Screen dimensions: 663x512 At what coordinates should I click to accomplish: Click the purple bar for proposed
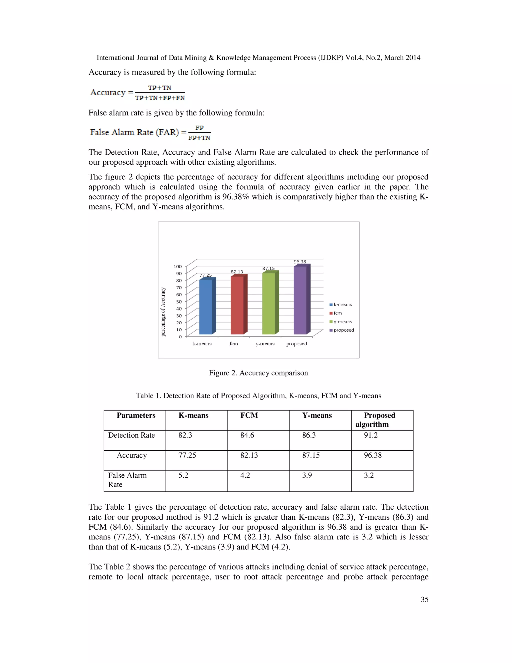pos(300,300)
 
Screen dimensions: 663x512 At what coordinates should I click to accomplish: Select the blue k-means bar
pos(206,307)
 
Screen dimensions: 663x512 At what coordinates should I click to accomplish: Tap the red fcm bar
pos(237,305)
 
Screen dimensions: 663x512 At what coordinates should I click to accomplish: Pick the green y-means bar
pos(269,303)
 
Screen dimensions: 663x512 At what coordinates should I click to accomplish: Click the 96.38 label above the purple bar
pos(300,262)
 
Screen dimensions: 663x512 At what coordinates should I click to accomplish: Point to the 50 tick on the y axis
pos(179,301)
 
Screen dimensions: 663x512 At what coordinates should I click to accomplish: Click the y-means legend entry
pos(341,322)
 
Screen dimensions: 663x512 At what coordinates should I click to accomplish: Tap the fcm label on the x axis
pos(233,344)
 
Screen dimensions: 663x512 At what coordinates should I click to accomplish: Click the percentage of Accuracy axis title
pos(163,312)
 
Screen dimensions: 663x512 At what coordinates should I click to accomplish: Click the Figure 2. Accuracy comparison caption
pos(258,373)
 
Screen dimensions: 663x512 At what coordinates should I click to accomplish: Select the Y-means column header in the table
pos(317,415)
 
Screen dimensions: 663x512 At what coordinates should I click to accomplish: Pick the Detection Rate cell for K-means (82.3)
pos(185,435)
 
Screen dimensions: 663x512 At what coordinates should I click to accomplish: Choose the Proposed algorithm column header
pos(379,420)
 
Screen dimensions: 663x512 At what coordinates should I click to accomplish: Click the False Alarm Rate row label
pos(127,480)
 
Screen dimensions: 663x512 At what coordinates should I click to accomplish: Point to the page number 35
pos(424,599)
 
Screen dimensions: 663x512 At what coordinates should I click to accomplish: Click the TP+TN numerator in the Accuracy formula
pos(159,88)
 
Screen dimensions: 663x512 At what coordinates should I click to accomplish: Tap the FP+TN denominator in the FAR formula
pos(199,138)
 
